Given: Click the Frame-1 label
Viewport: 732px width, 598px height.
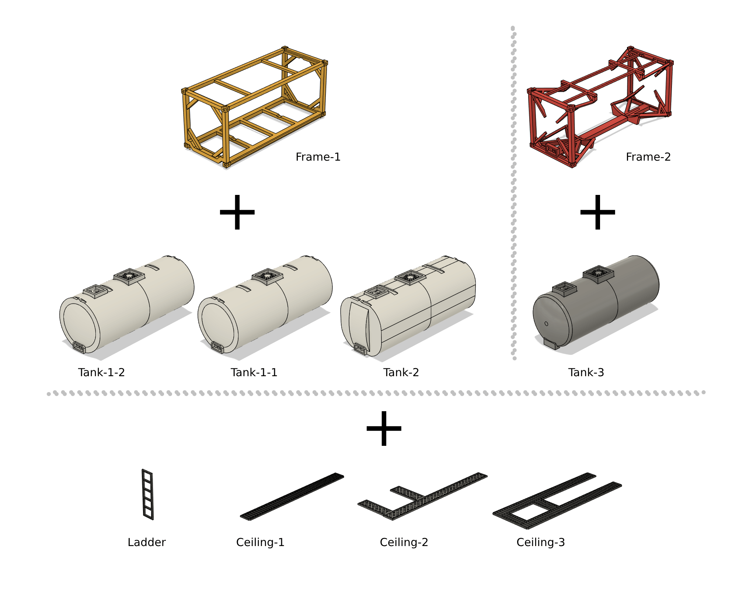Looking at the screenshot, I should [x=318, y=157].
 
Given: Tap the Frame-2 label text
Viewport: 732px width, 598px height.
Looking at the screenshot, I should [x=648, y=157].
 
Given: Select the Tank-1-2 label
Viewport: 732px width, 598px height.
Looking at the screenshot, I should [x=101, y=373].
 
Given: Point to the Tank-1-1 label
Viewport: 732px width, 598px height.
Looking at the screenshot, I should [x=254, y=373].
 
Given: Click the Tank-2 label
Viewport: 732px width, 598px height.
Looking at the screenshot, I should [x=401, y=373].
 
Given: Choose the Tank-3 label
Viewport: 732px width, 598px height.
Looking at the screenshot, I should [x=586, y=373].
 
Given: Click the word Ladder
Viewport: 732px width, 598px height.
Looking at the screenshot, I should [x=147, y=542].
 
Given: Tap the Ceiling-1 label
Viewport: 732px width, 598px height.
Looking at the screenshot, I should [x=260, y=542].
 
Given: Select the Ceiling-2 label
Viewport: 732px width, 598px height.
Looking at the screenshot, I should [x=404, y=542].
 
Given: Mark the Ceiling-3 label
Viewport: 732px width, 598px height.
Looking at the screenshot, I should [x=541, y=542].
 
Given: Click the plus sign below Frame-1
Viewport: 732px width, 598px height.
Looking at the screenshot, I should [x=237, y=212].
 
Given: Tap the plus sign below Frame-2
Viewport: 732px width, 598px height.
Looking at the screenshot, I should [x=597, y=212].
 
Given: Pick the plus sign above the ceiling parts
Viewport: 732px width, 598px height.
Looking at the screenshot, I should [x=384, y=429].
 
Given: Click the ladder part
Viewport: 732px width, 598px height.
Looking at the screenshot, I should [x=147, y=495].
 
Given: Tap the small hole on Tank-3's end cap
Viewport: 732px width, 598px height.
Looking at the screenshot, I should [x=546, y=324].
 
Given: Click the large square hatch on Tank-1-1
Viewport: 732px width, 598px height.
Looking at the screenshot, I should [x=267, y=276].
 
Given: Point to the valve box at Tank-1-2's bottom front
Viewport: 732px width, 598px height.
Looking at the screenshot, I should [x=79, y=347].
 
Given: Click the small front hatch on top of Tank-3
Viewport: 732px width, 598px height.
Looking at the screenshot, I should [x=564, y=288].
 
